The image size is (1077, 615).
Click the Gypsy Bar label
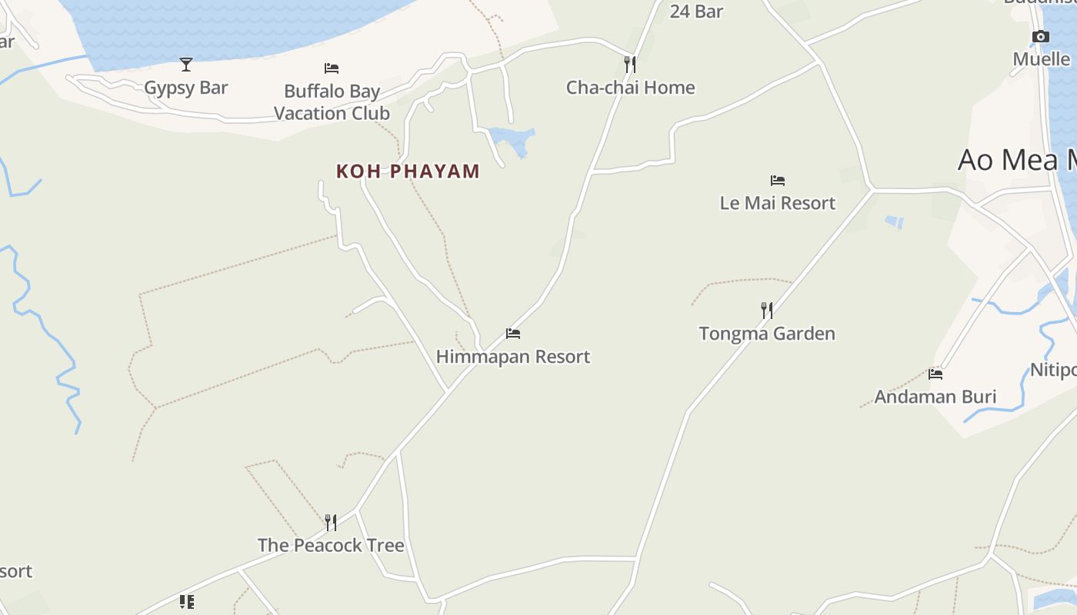pyautogui.click(x=186, y=88)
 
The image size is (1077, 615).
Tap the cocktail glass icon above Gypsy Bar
pyautogui.click(x=186, y=64)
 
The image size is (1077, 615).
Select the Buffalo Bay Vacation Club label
pyautogui.click(x=332, y=102)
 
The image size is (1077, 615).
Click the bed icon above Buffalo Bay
pyautogui.click(x=332, y=68)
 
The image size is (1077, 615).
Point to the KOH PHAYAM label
pyautogui.click(x=408, y=171)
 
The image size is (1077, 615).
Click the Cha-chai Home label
pyautogui.click(x=630, y=88)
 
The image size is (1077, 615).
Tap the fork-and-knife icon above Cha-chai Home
pyautogui.click(x=630, y=64)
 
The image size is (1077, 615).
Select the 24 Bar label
pyautogui.click(x=696, y=11)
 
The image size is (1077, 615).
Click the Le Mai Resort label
pyautogui.click(x=777, y=203)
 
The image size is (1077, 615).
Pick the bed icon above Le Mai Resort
pyautogui.click(x=778, y=181)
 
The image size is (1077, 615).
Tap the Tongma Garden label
pyautogui.click(x=767, y=334)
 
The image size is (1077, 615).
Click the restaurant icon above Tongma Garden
pyautogui.click(x=767, y=310)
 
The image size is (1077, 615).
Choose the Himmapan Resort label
pyautogui.click(x=513, y=357)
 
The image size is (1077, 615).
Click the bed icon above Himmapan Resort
pyautogui.click(x=513, y=334)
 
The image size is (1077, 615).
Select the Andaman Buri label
pyautogui.click(x=935, y=397)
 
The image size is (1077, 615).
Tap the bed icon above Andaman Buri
pyautogui.click(x=935, y=374)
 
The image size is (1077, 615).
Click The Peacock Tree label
pyautogui.click(x=331, y=546)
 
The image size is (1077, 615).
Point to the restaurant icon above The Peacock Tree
pyautogui.click(x=331, y=523)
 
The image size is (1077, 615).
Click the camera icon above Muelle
pyautogui.click(x=1041, y=36)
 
